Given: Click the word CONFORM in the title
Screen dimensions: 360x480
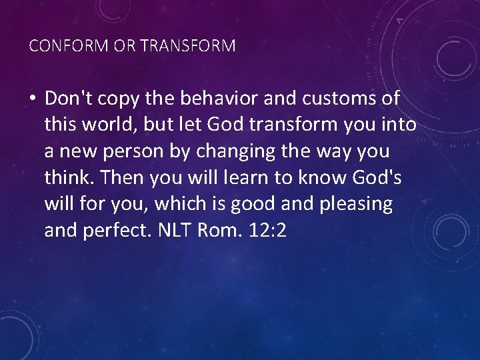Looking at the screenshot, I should pos(59,46).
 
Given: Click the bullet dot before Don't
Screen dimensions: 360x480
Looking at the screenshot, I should pos(33,99).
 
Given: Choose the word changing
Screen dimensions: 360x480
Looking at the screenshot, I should pos(233,151).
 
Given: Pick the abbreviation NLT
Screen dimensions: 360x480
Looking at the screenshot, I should pos(175,231).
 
